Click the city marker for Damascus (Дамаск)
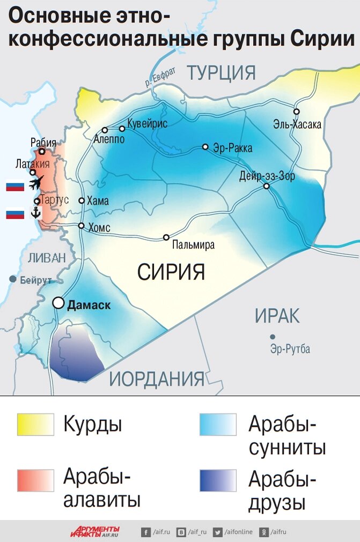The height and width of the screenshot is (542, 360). [58, 303]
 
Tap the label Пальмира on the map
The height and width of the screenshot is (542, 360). [193, 246]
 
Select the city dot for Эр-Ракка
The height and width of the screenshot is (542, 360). [205, 146]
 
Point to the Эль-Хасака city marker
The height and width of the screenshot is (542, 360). [296, 112]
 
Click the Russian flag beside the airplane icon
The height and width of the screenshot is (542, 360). [15, 187]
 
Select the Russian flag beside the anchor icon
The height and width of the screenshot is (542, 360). [15, 214]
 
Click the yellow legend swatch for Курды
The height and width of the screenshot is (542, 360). [35, 425]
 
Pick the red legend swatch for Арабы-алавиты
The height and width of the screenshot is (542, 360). [35, 480]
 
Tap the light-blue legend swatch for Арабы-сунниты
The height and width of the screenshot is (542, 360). [217, 425]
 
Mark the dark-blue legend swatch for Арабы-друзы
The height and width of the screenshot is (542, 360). [217, 480]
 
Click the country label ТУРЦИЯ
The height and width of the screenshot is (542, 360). [221, 72]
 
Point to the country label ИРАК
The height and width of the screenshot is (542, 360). [277, 316]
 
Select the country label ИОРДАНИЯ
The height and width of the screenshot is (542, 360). [157, 378]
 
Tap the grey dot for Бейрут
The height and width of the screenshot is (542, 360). [12, 279]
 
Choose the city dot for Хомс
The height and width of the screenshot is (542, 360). [82, 226]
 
